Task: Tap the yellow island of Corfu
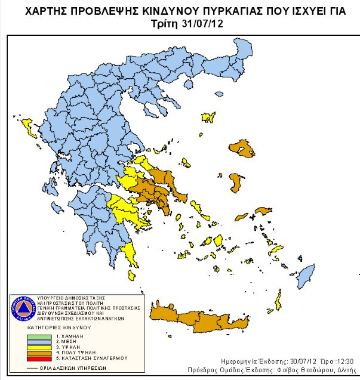pos(27,126)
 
